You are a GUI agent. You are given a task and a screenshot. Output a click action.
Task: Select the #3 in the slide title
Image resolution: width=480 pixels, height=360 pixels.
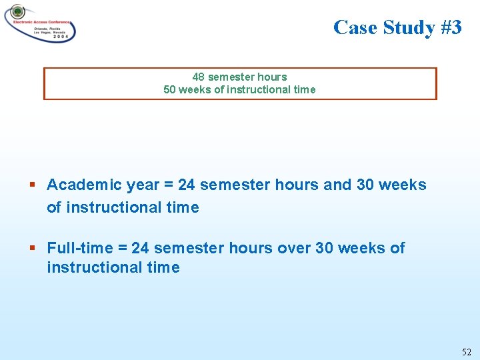pyautogui.click(x=451, y=27)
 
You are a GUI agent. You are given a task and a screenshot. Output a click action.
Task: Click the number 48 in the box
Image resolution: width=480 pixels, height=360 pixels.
pyautogui.click(x=199, y=77)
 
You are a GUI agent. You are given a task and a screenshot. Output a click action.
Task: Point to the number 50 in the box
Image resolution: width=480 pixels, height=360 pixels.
pyautogui.click(x=170, y=89)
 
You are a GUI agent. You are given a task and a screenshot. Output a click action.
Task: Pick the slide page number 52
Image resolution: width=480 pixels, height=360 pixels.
pyautogui.click(x=466, y=351)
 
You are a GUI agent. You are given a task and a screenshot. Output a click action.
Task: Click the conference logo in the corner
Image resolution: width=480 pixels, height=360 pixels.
pyautogui.click(x=40, y=24)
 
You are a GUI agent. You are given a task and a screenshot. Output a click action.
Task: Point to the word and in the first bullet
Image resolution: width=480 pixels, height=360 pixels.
pyautogui.click(x=337, y=185)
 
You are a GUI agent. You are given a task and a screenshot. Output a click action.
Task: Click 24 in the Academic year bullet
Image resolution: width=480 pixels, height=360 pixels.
pyautogui.click(x=187, y=185)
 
